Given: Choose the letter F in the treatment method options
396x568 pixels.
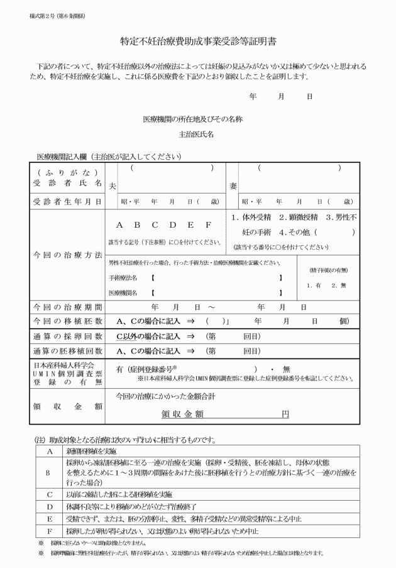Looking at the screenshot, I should click(x=207, y=225).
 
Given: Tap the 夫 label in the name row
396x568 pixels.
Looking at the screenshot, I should click(x=113, y=186).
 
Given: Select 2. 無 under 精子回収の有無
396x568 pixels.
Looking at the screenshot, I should click(x=338, y=285).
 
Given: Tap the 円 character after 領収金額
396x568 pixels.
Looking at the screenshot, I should click(x=285, y=415).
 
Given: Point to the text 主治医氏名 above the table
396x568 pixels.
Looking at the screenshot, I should click(x=197, y=134).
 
